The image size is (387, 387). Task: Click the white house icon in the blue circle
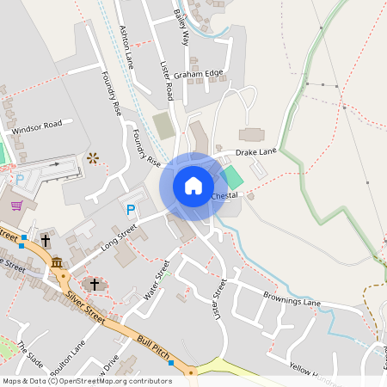click(x=193, y=186)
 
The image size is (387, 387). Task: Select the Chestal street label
click(x=224, y=196)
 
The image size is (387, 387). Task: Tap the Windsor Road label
click(x=38, y=125)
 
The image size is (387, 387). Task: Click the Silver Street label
click(x=85, y=307)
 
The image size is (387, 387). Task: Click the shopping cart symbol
click(x=16, y=206)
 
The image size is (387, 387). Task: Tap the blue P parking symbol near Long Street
click(x=131, y=210)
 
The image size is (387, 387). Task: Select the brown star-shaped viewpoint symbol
click(x=93, y=157)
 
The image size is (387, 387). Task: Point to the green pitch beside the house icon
click(x=231, y=179)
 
